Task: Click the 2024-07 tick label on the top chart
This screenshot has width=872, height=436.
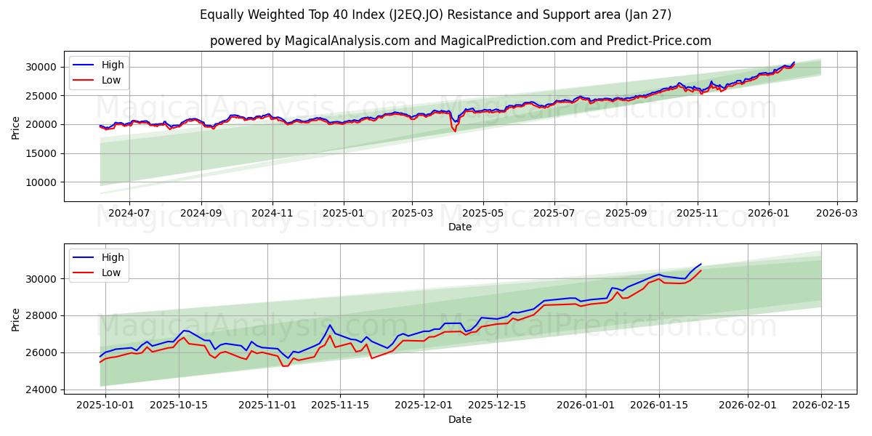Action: (x=129, y=213)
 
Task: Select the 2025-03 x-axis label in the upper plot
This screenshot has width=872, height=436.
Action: (x=412, y=213)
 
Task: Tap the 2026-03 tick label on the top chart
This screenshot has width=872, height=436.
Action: (x=837, y=213)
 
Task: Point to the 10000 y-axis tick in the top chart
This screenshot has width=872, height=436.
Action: (x=42, y=182)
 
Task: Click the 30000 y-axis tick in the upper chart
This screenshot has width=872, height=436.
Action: (x=42, y=67)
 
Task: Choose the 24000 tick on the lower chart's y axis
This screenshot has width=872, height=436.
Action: (x=42, y=389)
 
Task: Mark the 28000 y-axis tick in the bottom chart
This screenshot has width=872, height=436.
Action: (x=42, y=315)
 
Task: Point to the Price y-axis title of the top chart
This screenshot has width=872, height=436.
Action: (x=16, y=127)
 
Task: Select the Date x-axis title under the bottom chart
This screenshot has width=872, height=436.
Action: (x=459, y=419)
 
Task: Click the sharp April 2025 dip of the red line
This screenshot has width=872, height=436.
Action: (x=455, y=131)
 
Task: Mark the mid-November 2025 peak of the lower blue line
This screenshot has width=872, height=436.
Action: (x=329, y=325)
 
